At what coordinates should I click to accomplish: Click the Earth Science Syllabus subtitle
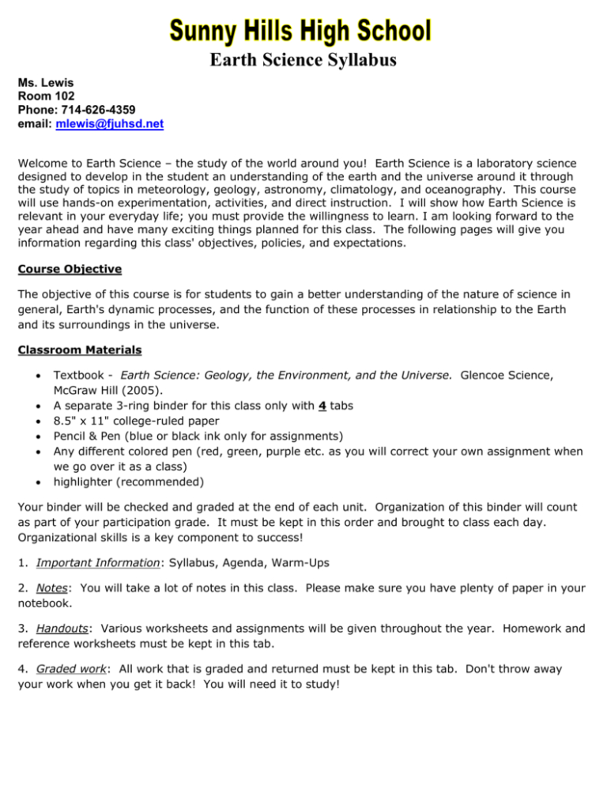tap(303, 59)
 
